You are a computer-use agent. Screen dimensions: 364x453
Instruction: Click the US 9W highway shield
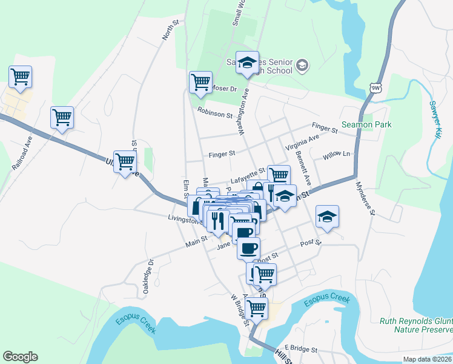click(376, 88)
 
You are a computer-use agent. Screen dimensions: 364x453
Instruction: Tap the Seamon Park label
click(366, 124)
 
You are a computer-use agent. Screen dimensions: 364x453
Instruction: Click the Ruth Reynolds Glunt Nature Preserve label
click(415, 325)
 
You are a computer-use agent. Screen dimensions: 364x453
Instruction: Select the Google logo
click(20, 357)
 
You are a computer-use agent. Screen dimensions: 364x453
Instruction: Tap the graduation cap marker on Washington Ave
click(247, 63)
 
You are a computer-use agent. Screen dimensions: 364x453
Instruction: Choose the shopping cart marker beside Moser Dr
click(200, 82)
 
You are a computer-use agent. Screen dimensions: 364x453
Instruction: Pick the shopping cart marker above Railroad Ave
click(20, 77)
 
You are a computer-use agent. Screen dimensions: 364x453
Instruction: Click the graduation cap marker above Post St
click(327, 217)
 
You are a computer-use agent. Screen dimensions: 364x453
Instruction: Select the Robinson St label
click(215, 113)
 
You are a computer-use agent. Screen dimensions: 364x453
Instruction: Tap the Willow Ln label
click(337, 155)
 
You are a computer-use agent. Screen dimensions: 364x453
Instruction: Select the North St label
click(170, 31)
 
